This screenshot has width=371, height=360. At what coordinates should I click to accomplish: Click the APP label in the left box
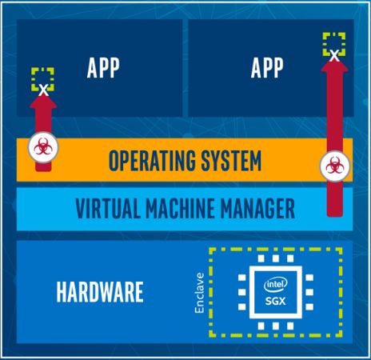click(103, 69)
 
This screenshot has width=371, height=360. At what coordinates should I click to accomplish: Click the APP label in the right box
click(267, 69)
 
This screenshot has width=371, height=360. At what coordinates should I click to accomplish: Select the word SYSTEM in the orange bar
click(229, 162)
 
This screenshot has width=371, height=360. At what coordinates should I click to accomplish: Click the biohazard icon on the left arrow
click(41, 146)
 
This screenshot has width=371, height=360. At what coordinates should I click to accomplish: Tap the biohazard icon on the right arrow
click(333, 166)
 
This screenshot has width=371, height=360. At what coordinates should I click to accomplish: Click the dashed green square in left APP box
click(42, 78)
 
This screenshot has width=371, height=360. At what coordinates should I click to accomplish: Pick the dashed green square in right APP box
click(334, 42)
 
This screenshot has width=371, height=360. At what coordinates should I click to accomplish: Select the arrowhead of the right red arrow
click(333, 64)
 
